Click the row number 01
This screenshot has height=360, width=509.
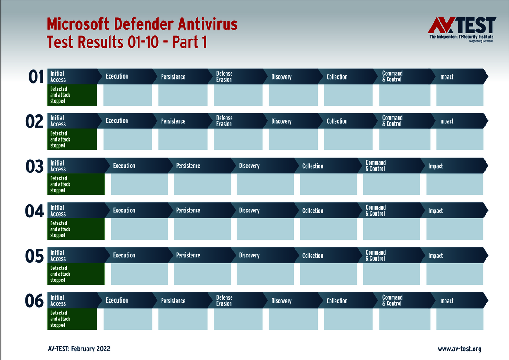pos(36,77)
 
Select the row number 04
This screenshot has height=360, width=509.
pos(35,211)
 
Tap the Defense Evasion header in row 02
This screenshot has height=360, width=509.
pos(224,121)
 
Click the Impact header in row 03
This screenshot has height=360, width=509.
pos(435,166)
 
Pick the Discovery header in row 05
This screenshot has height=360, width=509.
pos(249,256)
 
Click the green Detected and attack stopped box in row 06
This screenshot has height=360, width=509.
pos(72,319)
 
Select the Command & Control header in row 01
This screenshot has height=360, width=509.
pos(392,76)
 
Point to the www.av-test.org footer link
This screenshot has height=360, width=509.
pos(459,349)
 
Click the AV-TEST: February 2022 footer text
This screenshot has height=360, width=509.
pos(79,349)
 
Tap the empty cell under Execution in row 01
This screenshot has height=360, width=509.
pos(127,95)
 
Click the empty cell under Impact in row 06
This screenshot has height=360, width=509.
pos(459,319)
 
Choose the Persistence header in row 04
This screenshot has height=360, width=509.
pos(188,211)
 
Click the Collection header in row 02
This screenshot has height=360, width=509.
pos(337,121)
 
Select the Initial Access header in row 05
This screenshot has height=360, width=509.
pos(58,256)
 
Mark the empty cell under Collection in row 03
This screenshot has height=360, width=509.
pos(328,184)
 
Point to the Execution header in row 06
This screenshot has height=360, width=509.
pos(117,300)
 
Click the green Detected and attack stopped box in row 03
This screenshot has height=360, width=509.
pos(76,184)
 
